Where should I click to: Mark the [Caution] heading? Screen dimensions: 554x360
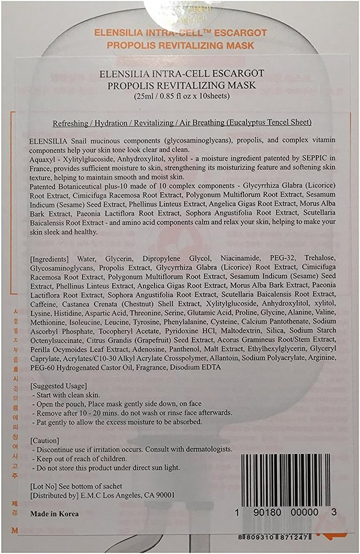click(x=44, y=440)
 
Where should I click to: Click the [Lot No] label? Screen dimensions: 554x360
click(x=42, y=486)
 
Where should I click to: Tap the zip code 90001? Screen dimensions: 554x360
click(x=165, y=495)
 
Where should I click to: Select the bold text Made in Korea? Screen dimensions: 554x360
click(x=54, y=514)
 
